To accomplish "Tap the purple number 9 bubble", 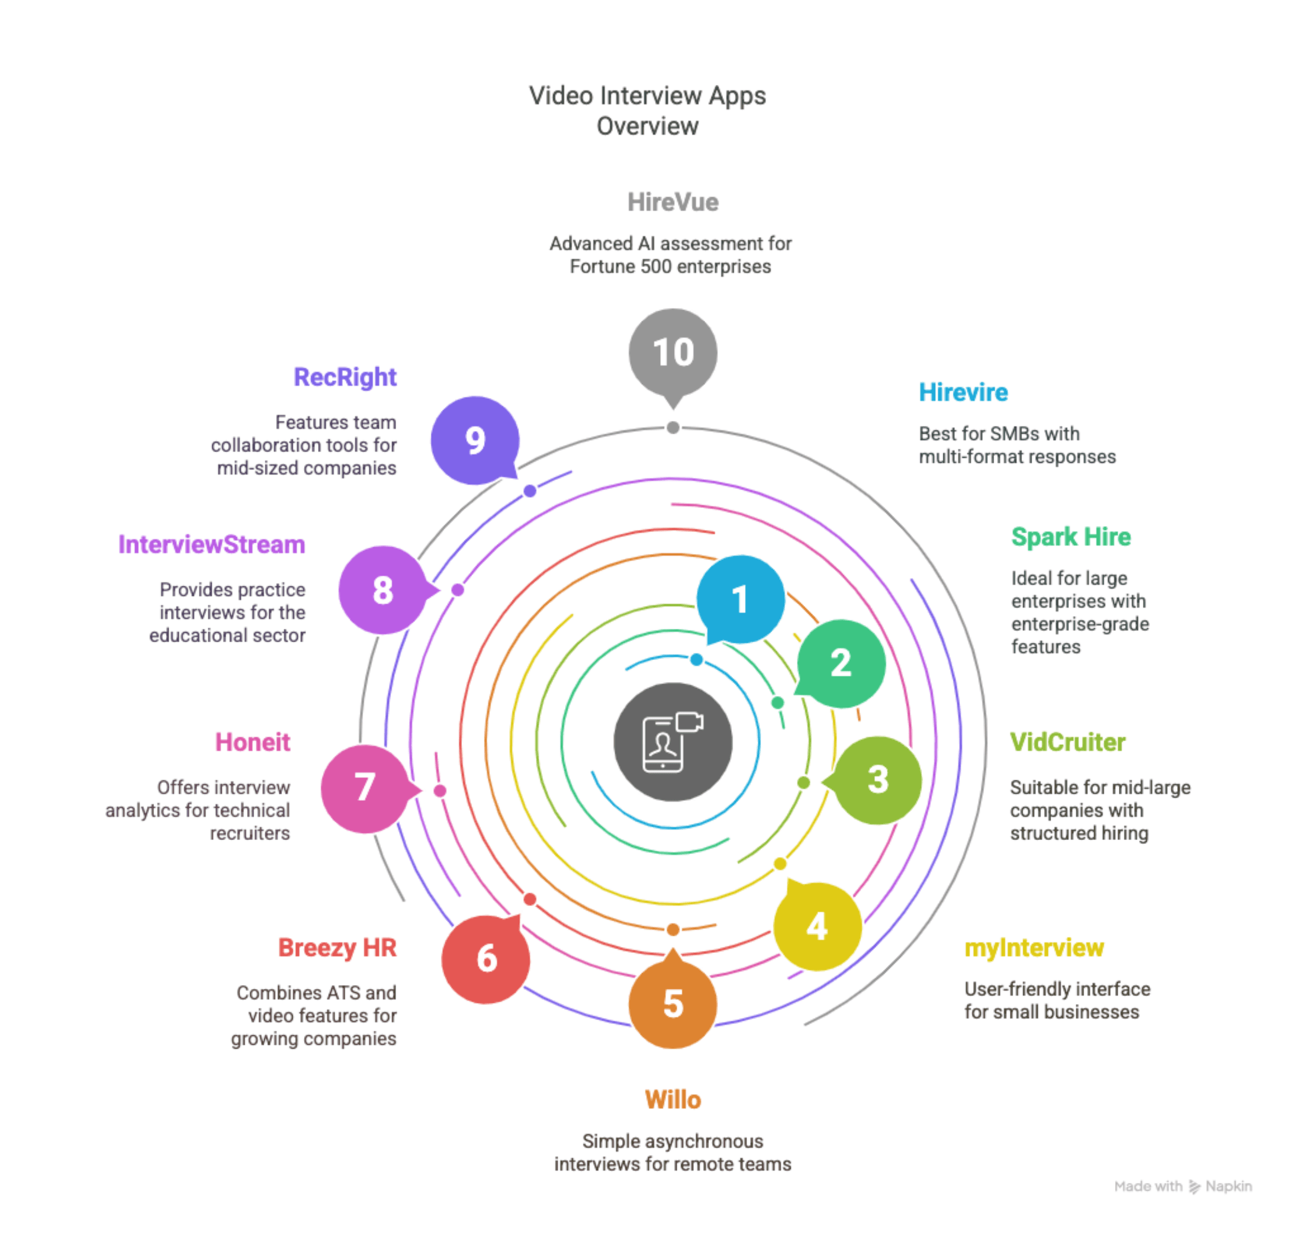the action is (x=475, y=441).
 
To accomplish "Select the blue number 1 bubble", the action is (x=740, y=599).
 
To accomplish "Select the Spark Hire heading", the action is (x=1070, y=536).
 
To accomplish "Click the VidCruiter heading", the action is (x=1067, y=742).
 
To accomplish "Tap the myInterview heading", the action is (x=1034, y=948).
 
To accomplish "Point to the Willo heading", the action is (x=672, y=1100).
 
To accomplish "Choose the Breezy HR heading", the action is (x=337, y=948).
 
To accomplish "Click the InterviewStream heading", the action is (x=212, y=544).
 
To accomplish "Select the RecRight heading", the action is (x=345, y=377).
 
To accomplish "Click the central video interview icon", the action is (x=672, y=742).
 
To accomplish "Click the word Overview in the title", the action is (x=647, y=126).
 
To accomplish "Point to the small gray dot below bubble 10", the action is (x=672, y=427).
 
